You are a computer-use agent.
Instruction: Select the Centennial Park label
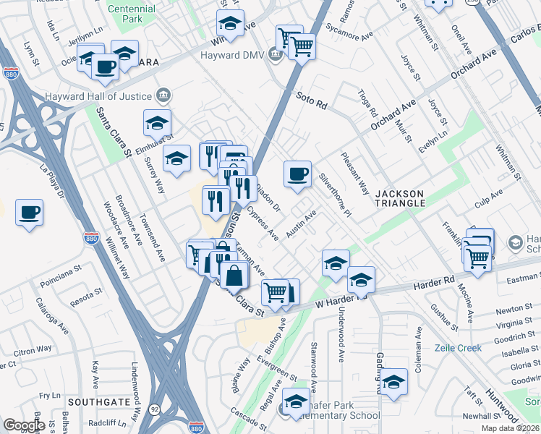(x=131, y=14)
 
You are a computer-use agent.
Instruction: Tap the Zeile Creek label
(x=458, y=348)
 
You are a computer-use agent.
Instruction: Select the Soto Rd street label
(x=312, y=100)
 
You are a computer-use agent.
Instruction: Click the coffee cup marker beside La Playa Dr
(x=29, y=213)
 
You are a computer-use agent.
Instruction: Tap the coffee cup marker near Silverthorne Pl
(x=297, y=174)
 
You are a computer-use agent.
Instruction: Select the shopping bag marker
(x=234, y=276)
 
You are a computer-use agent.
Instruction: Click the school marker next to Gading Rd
(x=394, y=382)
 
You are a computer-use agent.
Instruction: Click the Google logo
(x=24, y=425)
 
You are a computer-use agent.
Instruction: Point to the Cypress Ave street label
(x=263, y=224)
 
